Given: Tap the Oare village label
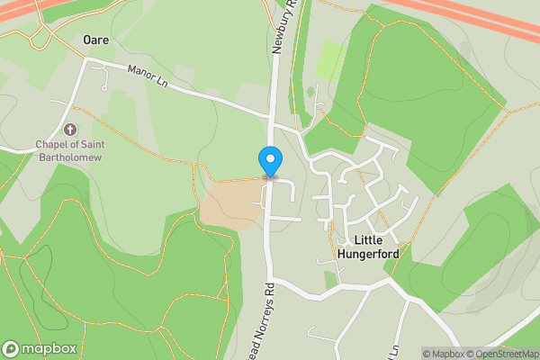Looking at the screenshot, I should pos(95,40).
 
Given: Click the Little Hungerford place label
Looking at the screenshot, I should pos(367,247).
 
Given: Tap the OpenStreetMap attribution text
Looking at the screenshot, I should pos(500,354).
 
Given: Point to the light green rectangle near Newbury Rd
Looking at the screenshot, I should pos(328,58).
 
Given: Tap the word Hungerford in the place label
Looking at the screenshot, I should pos(367,254).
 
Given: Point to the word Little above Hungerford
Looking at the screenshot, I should pos(367,240).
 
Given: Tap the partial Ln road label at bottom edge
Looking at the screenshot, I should pos(393,350).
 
